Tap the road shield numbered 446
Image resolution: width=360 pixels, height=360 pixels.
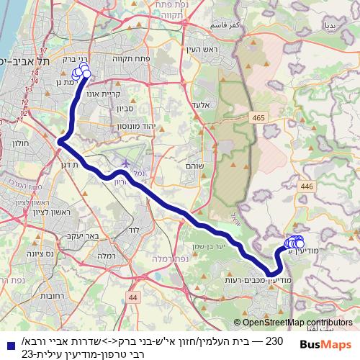click(x=308, y=186)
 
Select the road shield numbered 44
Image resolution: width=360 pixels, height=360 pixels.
click(x=132, y=296)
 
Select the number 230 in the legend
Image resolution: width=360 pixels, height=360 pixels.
click(x=276, y=338)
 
